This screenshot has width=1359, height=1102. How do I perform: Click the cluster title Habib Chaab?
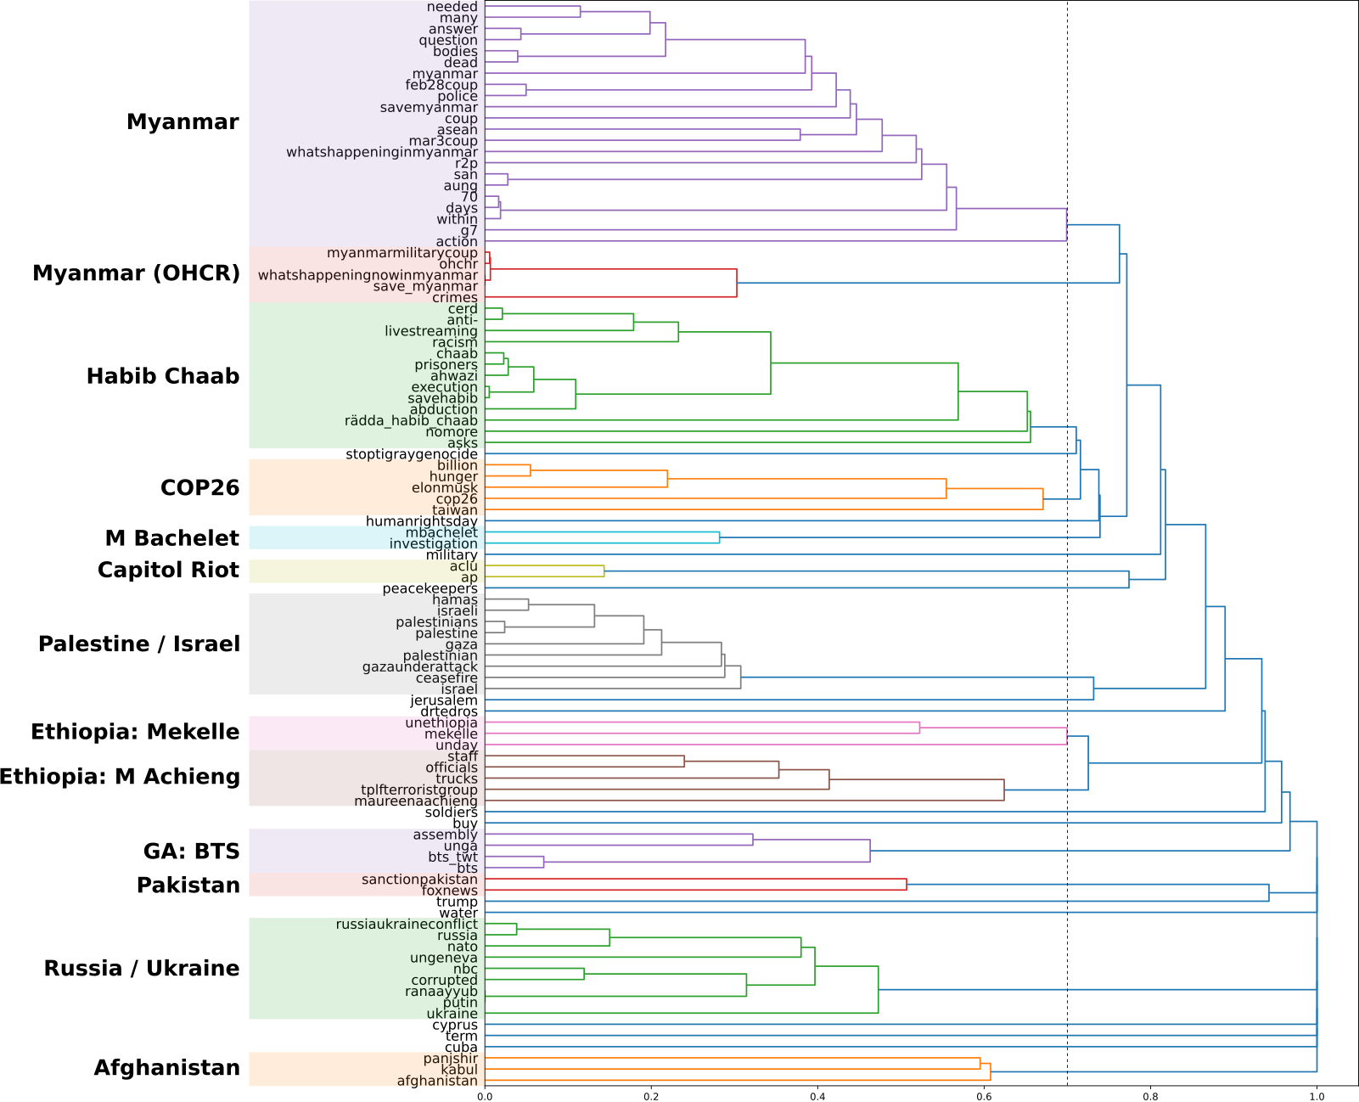pyautogui.click(x=163, y=376)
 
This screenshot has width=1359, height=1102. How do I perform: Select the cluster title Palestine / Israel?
pyautogui.click(x=139, y=644)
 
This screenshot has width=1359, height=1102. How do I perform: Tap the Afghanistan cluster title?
pyautogui.click(x=166, y=1068)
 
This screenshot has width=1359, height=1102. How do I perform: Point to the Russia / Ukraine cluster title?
pyautogui.click(x=142, y=969)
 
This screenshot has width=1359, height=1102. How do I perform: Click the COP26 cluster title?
pyautogui.click(x=199, y=488)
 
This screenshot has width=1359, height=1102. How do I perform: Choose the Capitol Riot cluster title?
pyautogui.click(x=168, y=571)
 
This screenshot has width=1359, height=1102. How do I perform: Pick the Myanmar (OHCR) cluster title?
pyautogui.click(x=136, y=273)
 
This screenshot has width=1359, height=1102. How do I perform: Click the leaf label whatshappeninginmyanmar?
pyautogui.click(x=381, y=153)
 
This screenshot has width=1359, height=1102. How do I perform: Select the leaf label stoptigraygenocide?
pyautogui.click(x=411, y=454)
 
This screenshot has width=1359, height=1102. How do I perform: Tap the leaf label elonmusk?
pyautogui.click(x=444, y=488)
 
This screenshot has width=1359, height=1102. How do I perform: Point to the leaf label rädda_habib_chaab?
pyautogui.click(x=411, y=421)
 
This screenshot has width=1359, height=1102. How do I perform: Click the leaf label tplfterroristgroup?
pyautogui.click(x=418, y=790)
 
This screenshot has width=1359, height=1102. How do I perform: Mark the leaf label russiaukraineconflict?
pyautogui.click(x=407, y=925)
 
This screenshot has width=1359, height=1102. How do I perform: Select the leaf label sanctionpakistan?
pyautogui.click(x=419, y=880)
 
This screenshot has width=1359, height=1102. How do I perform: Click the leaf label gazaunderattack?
pyautogui.click(x=419, y=667)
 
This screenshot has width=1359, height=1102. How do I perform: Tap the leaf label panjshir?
pyautogui.click(x=450, y=1059)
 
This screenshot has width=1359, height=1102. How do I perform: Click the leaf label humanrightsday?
pyautogui.click(x=421, y=521)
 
